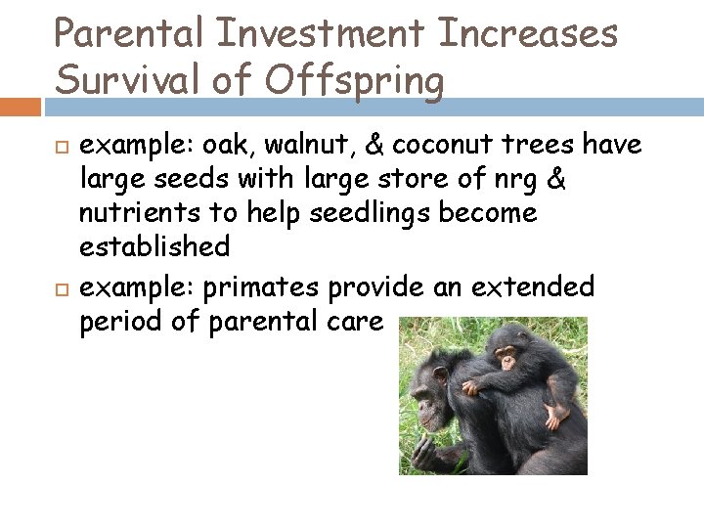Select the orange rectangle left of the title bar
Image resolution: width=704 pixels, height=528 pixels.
(x=21, y=105)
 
